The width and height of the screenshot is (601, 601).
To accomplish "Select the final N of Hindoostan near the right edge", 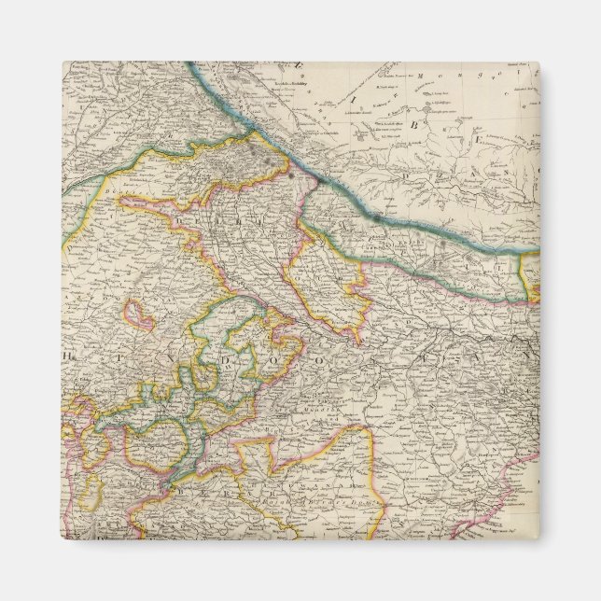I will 528,355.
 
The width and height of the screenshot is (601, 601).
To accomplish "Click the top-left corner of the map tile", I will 63,63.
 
